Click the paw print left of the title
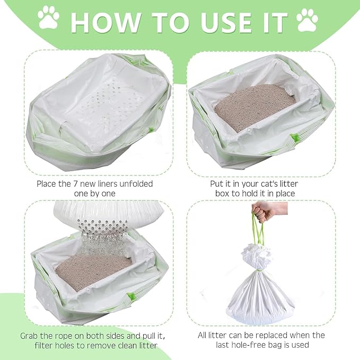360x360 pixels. tap(49, 19)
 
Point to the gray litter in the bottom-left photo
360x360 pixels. tap(90, 270)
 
